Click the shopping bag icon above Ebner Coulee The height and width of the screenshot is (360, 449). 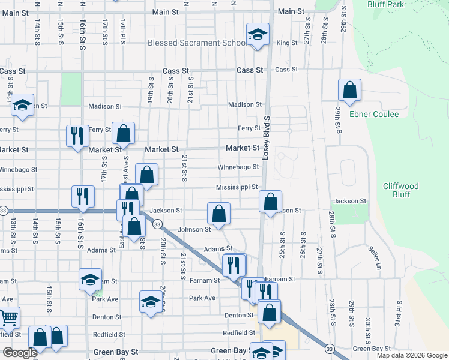point(349,91)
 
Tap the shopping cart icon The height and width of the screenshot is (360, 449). point(8,317)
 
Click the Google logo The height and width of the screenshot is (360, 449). point(20,353)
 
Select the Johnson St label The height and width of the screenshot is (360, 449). point(194,229)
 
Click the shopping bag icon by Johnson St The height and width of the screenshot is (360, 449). point(218,214)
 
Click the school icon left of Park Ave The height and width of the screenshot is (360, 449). point(151,302)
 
